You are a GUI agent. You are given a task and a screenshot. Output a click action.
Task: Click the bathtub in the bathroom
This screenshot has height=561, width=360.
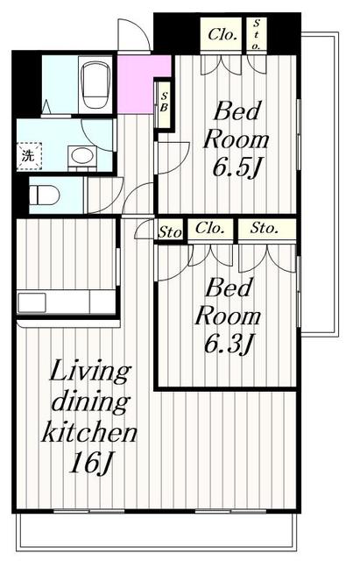click(95, 84)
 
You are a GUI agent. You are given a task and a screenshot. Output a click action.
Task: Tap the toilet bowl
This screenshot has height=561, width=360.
click(44, 195)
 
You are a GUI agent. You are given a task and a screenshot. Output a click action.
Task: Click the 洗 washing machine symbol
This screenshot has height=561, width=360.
click(29, 156)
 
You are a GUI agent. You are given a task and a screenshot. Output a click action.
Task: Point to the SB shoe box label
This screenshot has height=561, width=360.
click(164, 102)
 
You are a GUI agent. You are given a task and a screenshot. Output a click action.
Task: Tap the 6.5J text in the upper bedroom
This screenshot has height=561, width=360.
click(236, 168)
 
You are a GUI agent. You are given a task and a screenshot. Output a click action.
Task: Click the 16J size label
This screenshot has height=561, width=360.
click(90, 464)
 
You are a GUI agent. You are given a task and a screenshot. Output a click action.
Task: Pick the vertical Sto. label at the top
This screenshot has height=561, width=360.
click(257, 35)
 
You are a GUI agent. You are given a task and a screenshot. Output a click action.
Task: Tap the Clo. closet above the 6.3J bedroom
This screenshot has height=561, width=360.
click(210, 228)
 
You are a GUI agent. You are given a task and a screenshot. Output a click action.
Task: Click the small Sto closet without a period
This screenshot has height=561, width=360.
click(170, 232)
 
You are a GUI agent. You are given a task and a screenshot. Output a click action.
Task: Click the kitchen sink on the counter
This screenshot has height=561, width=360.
click(32, 302)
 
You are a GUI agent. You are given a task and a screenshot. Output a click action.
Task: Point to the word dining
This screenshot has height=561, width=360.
click(89, 403)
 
